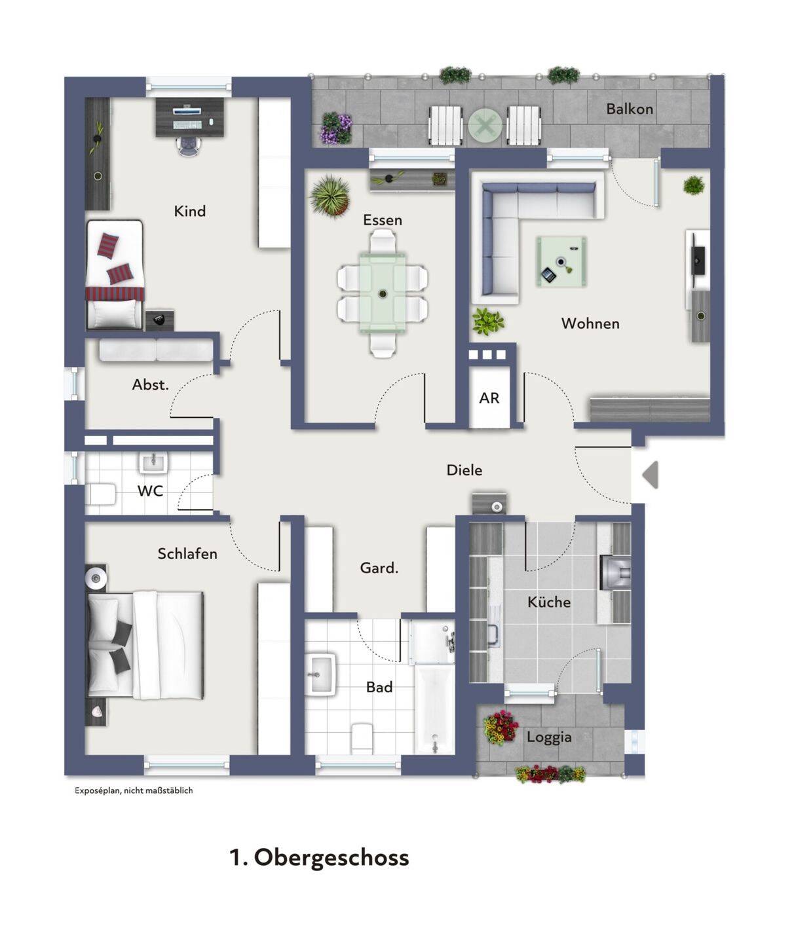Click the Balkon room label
tap(629, 109)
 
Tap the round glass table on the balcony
tap(485, 126)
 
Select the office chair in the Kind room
tap(189, 145)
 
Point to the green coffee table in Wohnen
tap(561, 261)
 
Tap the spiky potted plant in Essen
tap(331, 196)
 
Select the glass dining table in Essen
tap(383, 293)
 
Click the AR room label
tap(489, 398)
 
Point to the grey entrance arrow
tap(651, 475)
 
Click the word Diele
tap(464, 470)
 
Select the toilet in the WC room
tap(101, 494)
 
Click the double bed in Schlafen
tap(145, 645)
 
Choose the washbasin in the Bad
tap(320, 675)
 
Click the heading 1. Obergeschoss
tap(320, 857)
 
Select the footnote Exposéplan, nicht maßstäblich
tap(134, 790)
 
